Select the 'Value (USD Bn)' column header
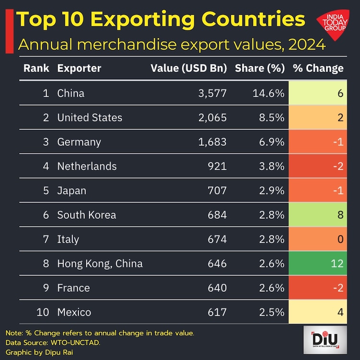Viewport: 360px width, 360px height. point(188,68)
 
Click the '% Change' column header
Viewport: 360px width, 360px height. point(318,68)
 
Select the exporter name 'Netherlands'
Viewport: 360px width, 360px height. point(87,166)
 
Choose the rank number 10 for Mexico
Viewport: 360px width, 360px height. point(43,312)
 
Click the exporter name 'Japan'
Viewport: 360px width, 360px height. point(72,191)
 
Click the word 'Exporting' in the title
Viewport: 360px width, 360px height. point(142,20)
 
